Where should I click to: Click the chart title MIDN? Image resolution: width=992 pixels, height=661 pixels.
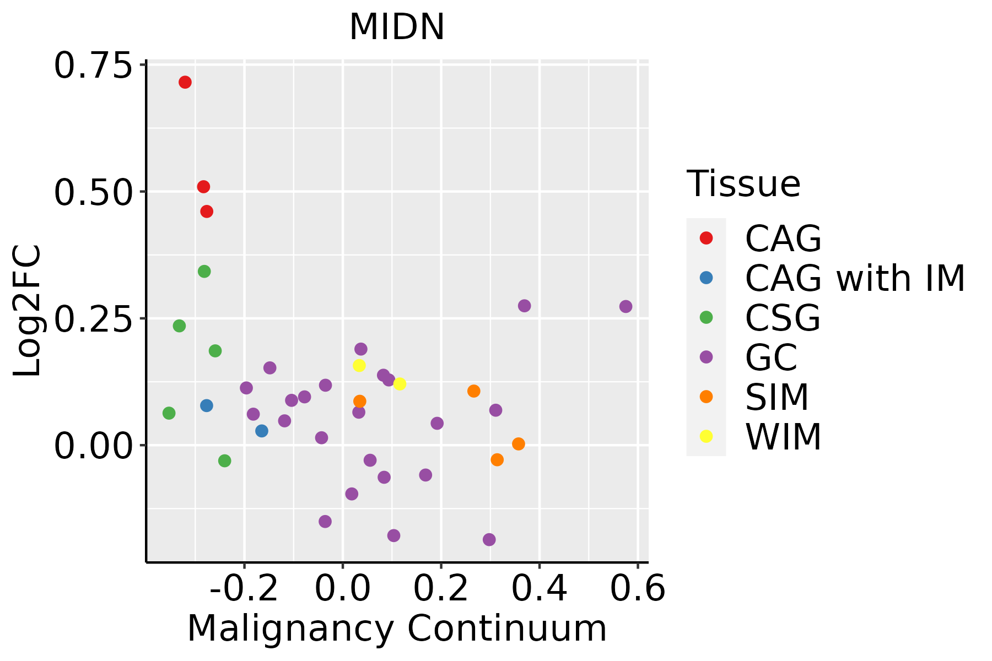397,26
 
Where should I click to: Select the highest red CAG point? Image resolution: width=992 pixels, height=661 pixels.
185,82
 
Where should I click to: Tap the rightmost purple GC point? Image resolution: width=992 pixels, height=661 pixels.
626,306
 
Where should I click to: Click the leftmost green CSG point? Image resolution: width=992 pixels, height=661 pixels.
169,413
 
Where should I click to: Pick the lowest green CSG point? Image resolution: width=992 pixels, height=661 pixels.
224,460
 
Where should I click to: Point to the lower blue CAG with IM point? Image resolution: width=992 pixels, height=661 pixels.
262,431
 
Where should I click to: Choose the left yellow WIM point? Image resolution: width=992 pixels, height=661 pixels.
359,365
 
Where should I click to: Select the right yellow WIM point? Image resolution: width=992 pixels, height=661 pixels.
400,383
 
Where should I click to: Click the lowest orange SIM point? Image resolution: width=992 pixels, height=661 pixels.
497,459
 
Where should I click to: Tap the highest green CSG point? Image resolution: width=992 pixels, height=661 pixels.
204,272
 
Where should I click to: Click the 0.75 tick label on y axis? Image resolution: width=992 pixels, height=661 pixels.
94,66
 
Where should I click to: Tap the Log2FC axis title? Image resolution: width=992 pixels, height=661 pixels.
28,311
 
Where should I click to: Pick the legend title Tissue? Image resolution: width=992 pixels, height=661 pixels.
743,184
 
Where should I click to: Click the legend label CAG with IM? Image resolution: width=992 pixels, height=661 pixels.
855,279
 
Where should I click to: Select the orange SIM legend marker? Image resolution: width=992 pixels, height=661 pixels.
706,397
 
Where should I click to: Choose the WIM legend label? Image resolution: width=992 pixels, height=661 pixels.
783,437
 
